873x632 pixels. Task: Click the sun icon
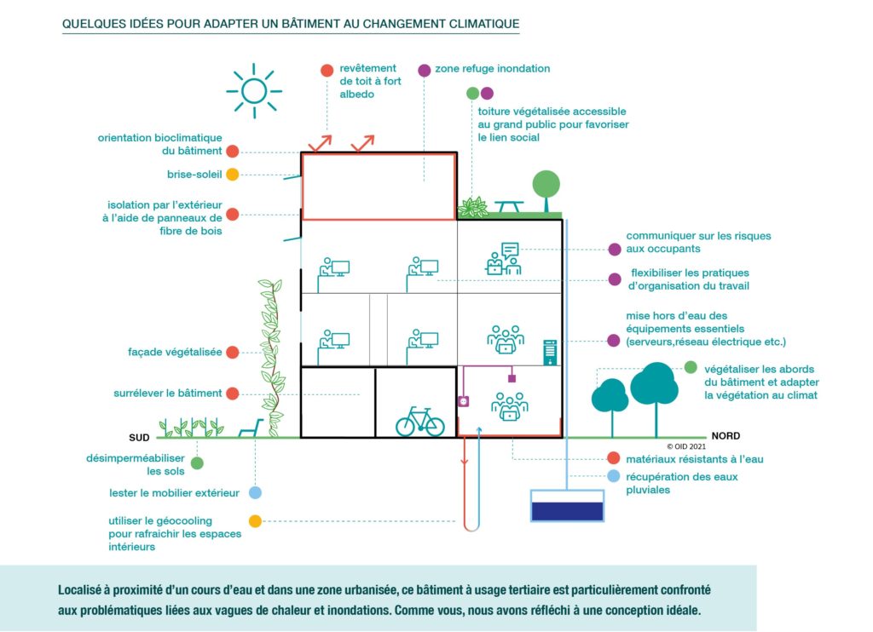click(x=254, y=89)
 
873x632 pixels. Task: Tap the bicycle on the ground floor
click(x=419, y=421)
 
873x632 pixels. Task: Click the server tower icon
click(x=550, y=351)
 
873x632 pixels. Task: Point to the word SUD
click(x=139, y=438)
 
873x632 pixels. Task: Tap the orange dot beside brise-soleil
click(x=232, y=175)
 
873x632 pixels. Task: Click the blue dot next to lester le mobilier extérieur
click(x=255, y=492)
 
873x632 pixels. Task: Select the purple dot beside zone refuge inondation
click(x=424, y=70)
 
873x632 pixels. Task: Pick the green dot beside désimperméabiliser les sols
click(x=197, y=463)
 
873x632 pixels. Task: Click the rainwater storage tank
click(x=567, y=506)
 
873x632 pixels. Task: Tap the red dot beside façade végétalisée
click(x=232, y=352)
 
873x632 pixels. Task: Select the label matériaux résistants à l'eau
click(x=695, y=459)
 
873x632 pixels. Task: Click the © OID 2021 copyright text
click(x=687, y=445)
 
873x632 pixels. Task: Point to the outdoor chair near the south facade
click(x=249, y=428)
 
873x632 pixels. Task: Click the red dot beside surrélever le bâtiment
click(x=232, y=394)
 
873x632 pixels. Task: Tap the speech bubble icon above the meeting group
click(x=510, y=250)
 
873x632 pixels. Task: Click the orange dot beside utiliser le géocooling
click(x=255, y=521)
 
